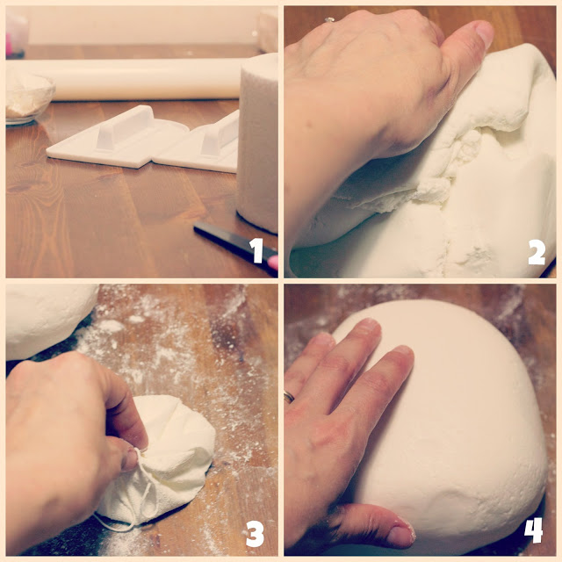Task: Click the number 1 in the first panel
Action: tap(256, 250)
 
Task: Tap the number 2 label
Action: tap(537, 252)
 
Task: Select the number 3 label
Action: tap(256, 534)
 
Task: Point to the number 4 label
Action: tap(533, 530)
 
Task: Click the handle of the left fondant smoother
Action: tap(125, 127)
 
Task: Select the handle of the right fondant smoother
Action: tap(220, 133)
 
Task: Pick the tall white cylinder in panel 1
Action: tap(257, 143)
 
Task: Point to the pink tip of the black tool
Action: tap(273, 263)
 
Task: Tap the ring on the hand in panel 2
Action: tap(329, 20)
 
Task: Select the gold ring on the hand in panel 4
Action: tap(289, 396)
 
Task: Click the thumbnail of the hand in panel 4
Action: tap(401, 536)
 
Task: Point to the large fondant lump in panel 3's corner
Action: tap(47, 319)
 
